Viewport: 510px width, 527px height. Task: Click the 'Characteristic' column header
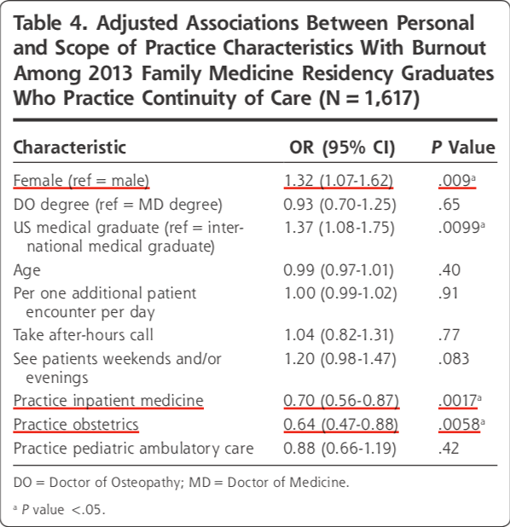click(70, 148)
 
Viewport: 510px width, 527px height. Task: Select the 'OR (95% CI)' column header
click(342, 148)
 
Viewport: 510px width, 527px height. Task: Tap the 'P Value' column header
click(463, 148)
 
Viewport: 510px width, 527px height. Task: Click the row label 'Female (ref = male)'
click(81, 181)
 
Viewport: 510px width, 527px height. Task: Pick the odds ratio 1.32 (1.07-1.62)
click(339, 181)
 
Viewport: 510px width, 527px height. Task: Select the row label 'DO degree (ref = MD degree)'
click(118, 205)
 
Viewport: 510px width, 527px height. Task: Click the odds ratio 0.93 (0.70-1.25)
click(340, 205)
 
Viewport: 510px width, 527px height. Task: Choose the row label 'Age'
click(27, 270)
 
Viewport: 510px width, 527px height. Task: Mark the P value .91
click(449, 293)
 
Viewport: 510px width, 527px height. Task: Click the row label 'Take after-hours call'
click(84, 335)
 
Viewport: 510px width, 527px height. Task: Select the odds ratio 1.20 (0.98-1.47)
click(340, 359)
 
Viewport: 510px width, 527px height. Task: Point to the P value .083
click(454, 359)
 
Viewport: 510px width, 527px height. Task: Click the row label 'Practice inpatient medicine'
click(108, 401)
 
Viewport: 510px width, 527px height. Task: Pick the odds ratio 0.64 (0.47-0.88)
click(341, 424)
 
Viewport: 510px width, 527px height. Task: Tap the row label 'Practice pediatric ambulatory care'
click(133, 449)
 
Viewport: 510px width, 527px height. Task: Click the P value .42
click(449, 449)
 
